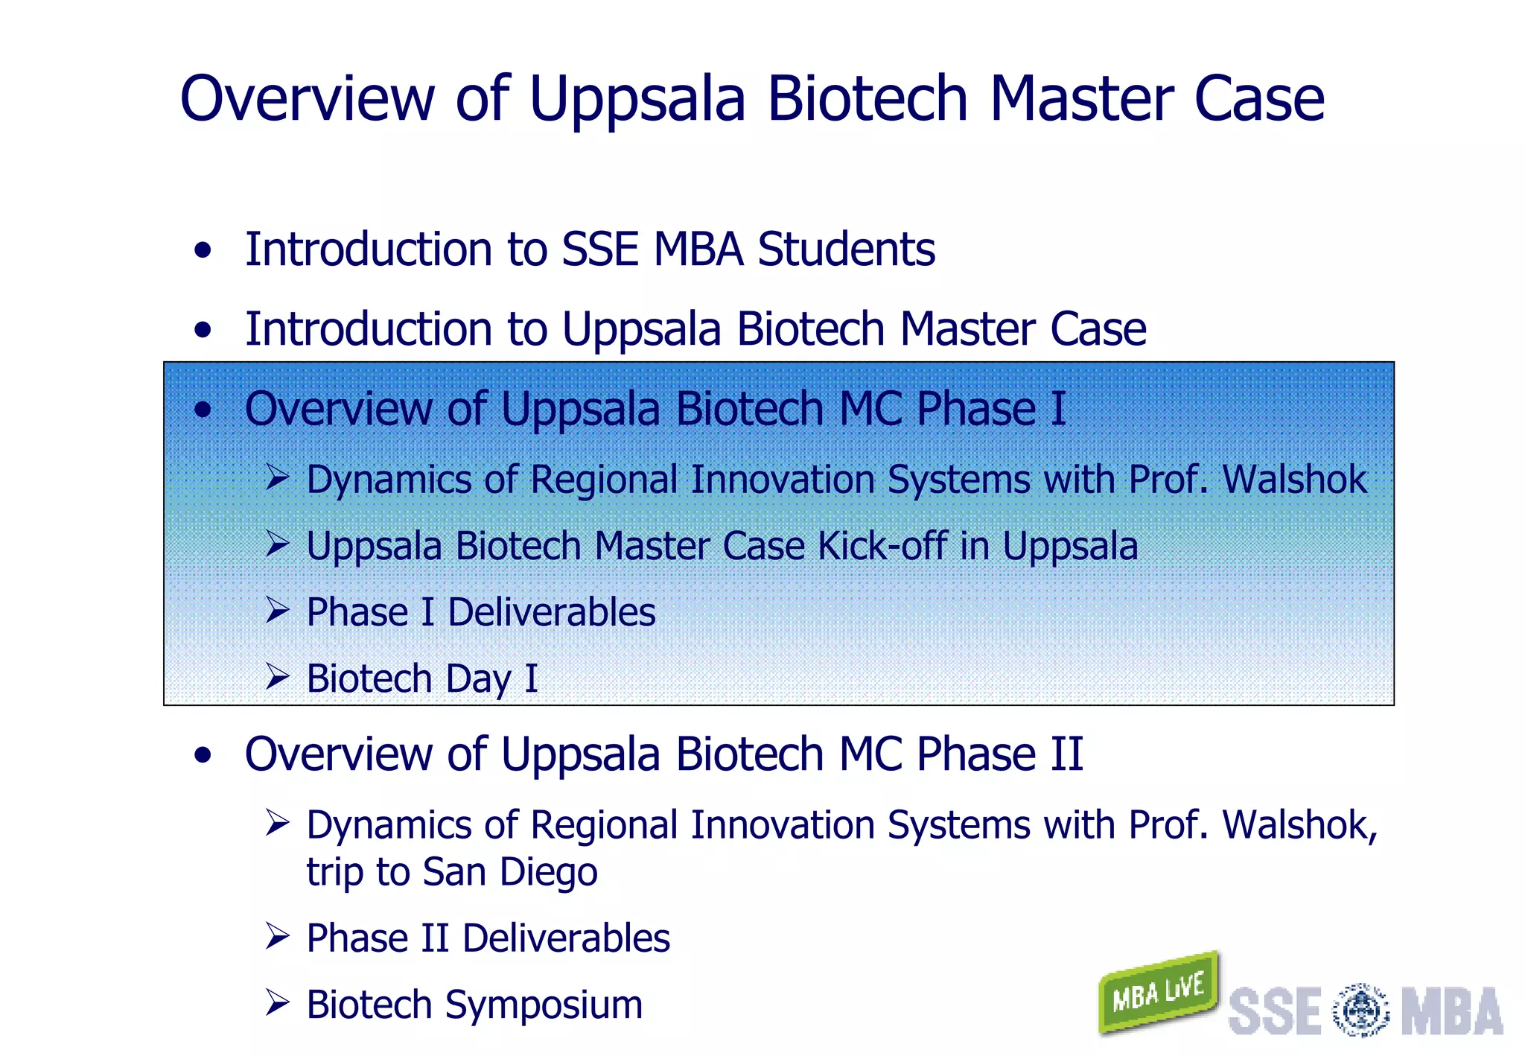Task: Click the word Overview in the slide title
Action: [308, 99]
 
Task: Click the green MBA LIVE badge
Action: [1158, 993]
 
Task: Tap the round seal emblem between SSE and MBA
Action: [1360, 1011]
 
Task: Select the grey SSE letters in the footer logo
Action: [1274, 1011]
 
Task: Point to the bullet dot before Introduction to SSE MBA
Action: [203, 250]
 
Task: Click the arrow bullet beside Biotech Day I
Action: [278, 677]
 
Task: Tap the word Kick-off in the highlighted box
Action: [882, 546]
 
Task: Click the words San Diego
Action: [509, 872]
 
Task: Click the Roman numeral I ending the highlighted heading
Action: [1057, 409]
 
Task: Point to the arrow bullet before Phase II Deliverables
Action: [278, 937]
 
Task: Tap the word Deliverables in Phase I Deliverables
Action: [551, 613]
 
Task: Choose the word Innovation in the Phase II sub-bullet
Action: [782, 825]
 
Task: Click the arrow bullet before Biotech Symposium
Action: [278, 1003]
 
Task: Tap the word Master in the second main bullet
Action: [967, 329]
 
